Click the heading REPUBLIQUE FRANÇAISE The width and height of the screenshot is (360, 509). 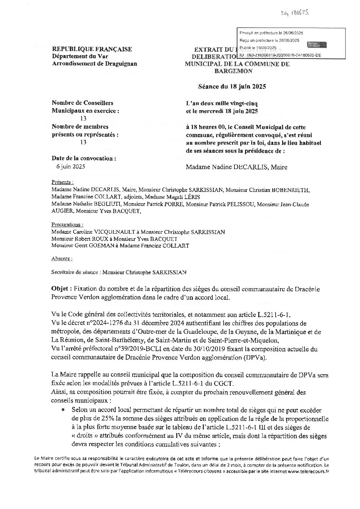(92, 49)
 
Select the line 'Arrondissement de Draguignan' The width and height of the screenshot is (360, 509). (95, 64)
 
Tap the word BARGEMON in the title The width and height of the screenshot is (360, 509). (233, 71)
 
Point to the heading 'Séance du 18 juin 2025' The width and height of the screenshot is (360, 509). (232, 86)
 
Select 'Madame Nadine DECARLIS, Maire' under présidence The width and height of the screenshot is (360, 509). (236, 167)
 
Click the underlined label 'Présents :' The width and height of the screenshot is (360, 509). (62, 182)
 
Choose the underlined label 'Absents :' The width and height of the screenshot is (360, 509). (62, 258)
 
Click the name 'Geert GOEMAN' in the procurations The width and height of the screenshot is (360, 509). (93, 246)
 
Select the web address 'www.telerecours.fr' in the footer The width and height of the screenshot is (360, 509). (308, 472)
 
